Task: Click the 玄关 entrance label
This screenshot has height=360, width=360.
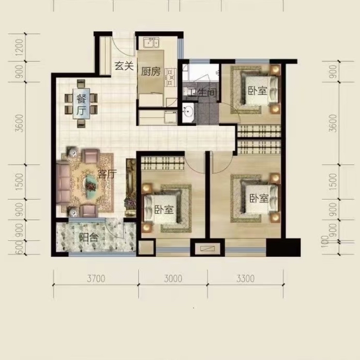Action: [124, 66]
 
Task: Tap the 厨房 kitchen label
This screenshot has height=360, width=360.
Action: [150, 72]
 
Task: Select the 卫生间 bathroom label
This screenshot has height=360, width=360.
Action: [203, 93]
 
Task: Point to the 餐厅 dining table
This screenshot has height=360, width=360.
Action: [81, 104]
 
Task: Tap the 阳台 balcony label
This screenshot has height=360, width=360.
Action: [89, 238]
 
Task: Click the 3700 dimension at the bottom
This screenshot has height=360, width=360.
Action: [96, 279]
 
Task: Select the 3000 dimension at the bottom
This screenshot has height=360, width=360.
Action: [173, 279]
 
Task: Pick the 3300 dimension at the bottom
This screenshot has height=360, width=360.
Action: [245, 279]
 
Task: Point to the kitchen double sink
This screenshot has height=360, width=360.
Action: [151, 43]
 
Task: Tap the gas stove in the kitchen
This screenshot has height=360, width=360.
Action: [171, 77]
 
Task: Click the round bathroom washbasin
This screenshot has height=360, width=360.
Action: [188, 112]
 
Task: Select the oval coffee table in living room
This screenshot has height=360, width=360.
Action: [91, 183]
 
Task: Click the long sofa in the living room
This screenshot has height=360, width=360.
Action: [63, 182]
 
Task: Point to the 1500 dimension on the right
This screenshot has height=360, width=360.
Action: [333, 182]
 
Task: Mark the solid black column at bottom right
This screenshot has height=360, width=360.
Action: [284, 248]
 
